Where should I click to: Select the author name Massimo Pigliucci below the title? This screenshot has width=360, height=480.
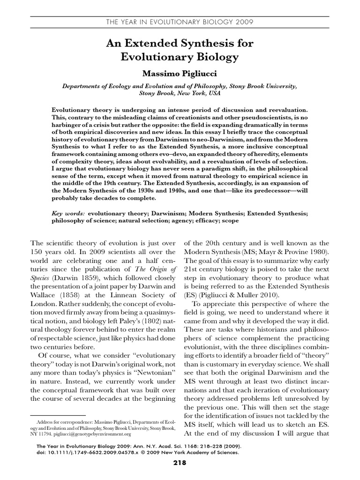(x=180, y=74)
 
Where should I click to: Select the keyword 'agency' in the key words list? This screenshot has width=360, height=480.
(x=178, y=220)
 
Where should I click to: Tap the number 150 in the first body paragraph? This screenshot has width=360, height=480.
(x=37, y=251)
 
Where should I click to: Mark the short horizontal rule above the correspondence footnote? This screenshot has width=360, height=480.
(x=58, y=415)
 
